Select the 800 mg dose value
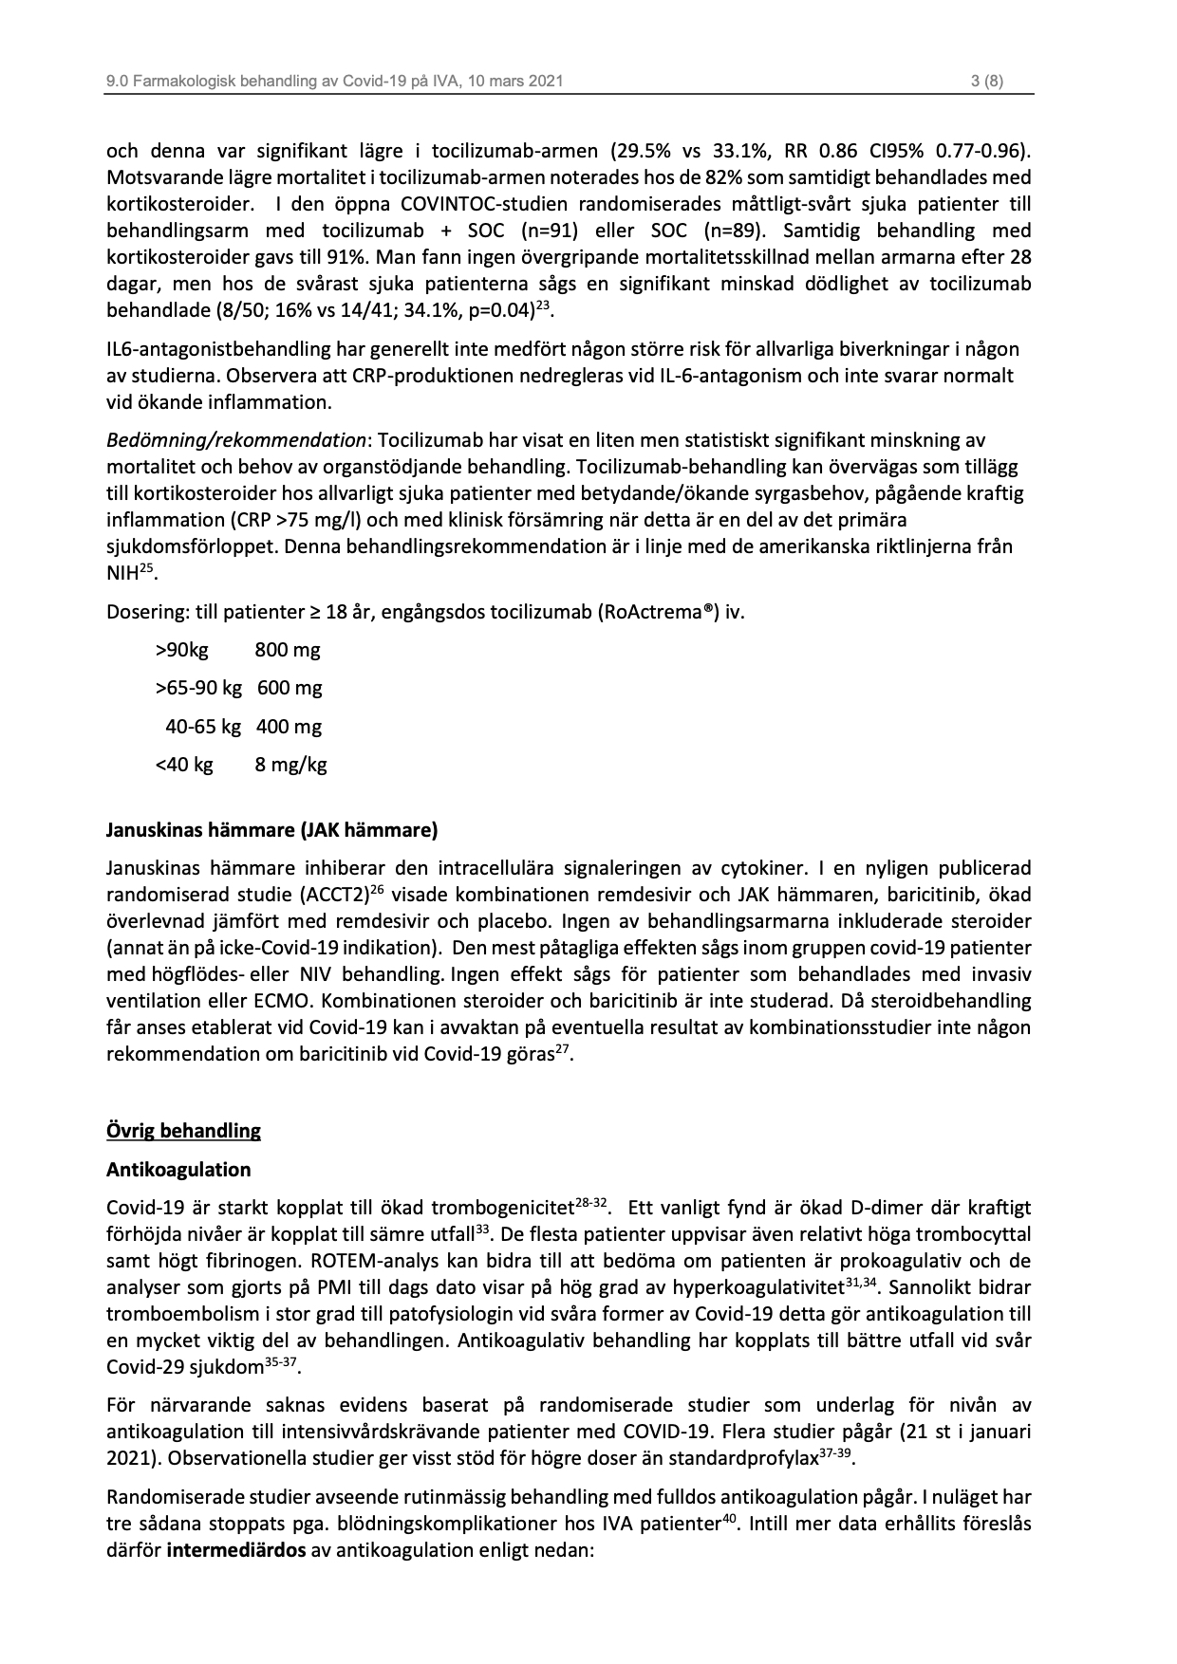pyautogui.click(x=288, y=650)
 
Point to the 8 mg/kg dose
pyautogui.click(x=290, y=765)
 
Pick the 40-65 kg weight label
pyautogui.click(x=203, y=727)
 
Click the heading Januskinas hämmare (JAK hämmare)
pyautogui.click(x=271, y=831)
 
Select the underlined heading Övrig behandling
pyautogui.click(x=183, y=1131)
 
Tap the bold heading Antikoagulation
pyautogui.click(x=178, y=1169)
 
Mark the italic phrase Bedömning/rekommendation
pyautogui.click(x=235, y=440)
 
